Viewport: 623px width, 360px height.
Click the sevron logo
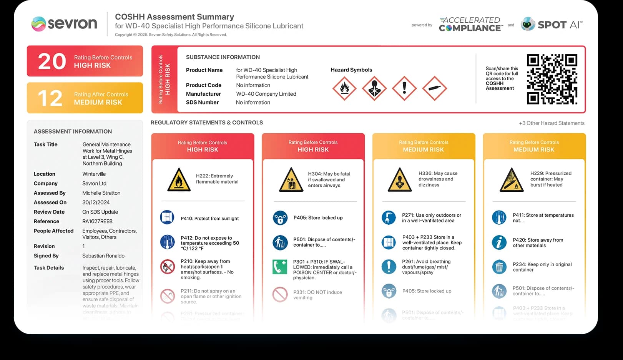tap(64, 24)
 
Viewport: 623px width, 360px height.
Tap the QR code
tap(552, 79)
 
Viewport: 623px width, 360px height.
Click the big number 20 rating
tap(52, 61)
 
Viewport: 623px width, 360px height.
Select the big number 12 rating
tap(50, 98)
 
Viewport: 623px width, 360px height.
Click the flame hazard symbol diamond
tap(344, 88)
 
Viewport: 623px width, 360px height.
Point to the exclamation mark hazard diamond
tap(404, 88)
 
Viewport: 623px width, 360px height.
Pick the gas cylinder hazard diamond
tap(434, 88)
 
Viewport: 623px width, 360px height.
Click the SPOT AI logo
tap(552, 25)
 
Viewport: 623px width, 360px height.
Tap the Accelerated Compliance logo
tap(470, 24)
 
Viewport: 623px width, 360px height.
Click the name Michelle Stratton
tap(101, 193)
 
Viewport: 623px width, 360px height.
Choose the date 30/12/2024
tap(96, 202)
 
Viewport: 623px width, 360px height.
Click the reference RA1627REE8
tap(97, 221)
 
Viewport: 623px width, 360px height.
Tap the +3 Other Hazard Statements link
tap(551, 123)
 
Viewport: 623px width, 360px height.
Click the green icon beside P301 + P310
tap(280, 267)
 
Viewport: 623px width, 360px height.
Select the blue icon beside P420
tap(499, 242)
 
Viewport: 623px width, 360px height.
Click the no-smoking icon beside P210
tap(168, 266)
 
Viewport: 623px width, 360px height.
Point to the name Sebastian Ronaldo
tap(103, 256)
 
